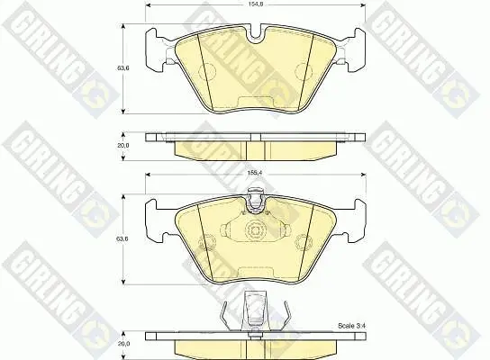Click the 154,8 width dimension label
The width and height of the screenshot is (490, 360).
click(256, 5)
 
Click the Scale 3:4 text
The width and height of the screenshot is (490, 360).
click(351, 326)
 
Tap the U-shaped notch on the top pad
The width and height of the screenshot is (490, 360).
click(256, 33)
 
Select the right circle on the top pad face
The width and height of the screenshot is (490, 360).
click(304, 71)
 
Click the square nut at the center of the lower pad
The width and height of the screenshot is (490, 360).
click(256, 231)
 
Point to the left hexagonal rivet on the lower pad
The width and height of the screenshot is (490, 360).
click(207, 242)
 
